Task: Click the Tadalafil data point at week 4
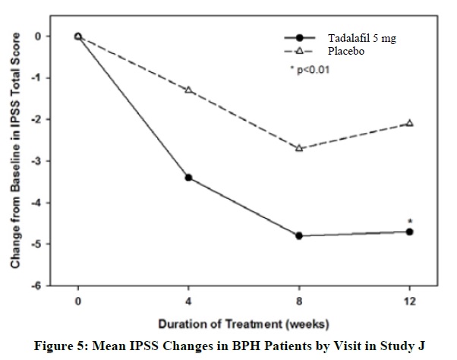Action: point(188,178)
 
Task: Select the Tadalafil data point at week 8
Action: point(299,236)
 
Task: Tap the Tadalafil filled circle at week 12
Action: point(409,232)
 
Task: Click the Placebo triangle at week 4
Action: point(188,90)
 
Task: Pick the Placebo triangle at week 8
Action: point(299,148)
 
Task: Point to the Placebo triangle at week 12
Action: point(409,123)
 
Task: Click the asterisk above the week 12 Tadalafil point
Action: point(409,220)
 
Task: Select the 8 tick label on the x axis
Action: point(299,299)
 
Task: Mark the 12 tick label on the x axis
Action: point(409,299)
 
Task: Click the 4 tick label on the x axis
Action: point(188,299)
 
